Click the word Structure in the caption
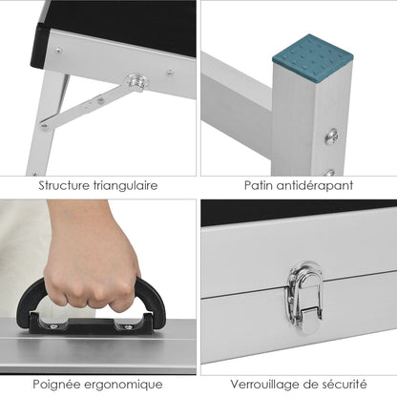point(64,185)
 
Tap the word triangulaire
point(125,186)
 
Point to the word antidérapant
point(315,186)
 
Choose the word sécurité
point(345,384)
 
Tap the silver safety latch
point(304,298)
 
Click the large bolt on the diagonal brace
point(136,81)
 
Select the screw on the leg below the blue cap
point(332,136)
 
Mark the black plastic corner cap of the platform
point(40,46)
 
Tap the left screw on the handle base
point(53,326)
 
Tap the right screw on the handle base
point(128,327)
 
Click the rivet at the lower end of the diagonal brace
point(45,126)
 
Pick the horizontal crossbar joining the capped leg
point(237,105)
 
